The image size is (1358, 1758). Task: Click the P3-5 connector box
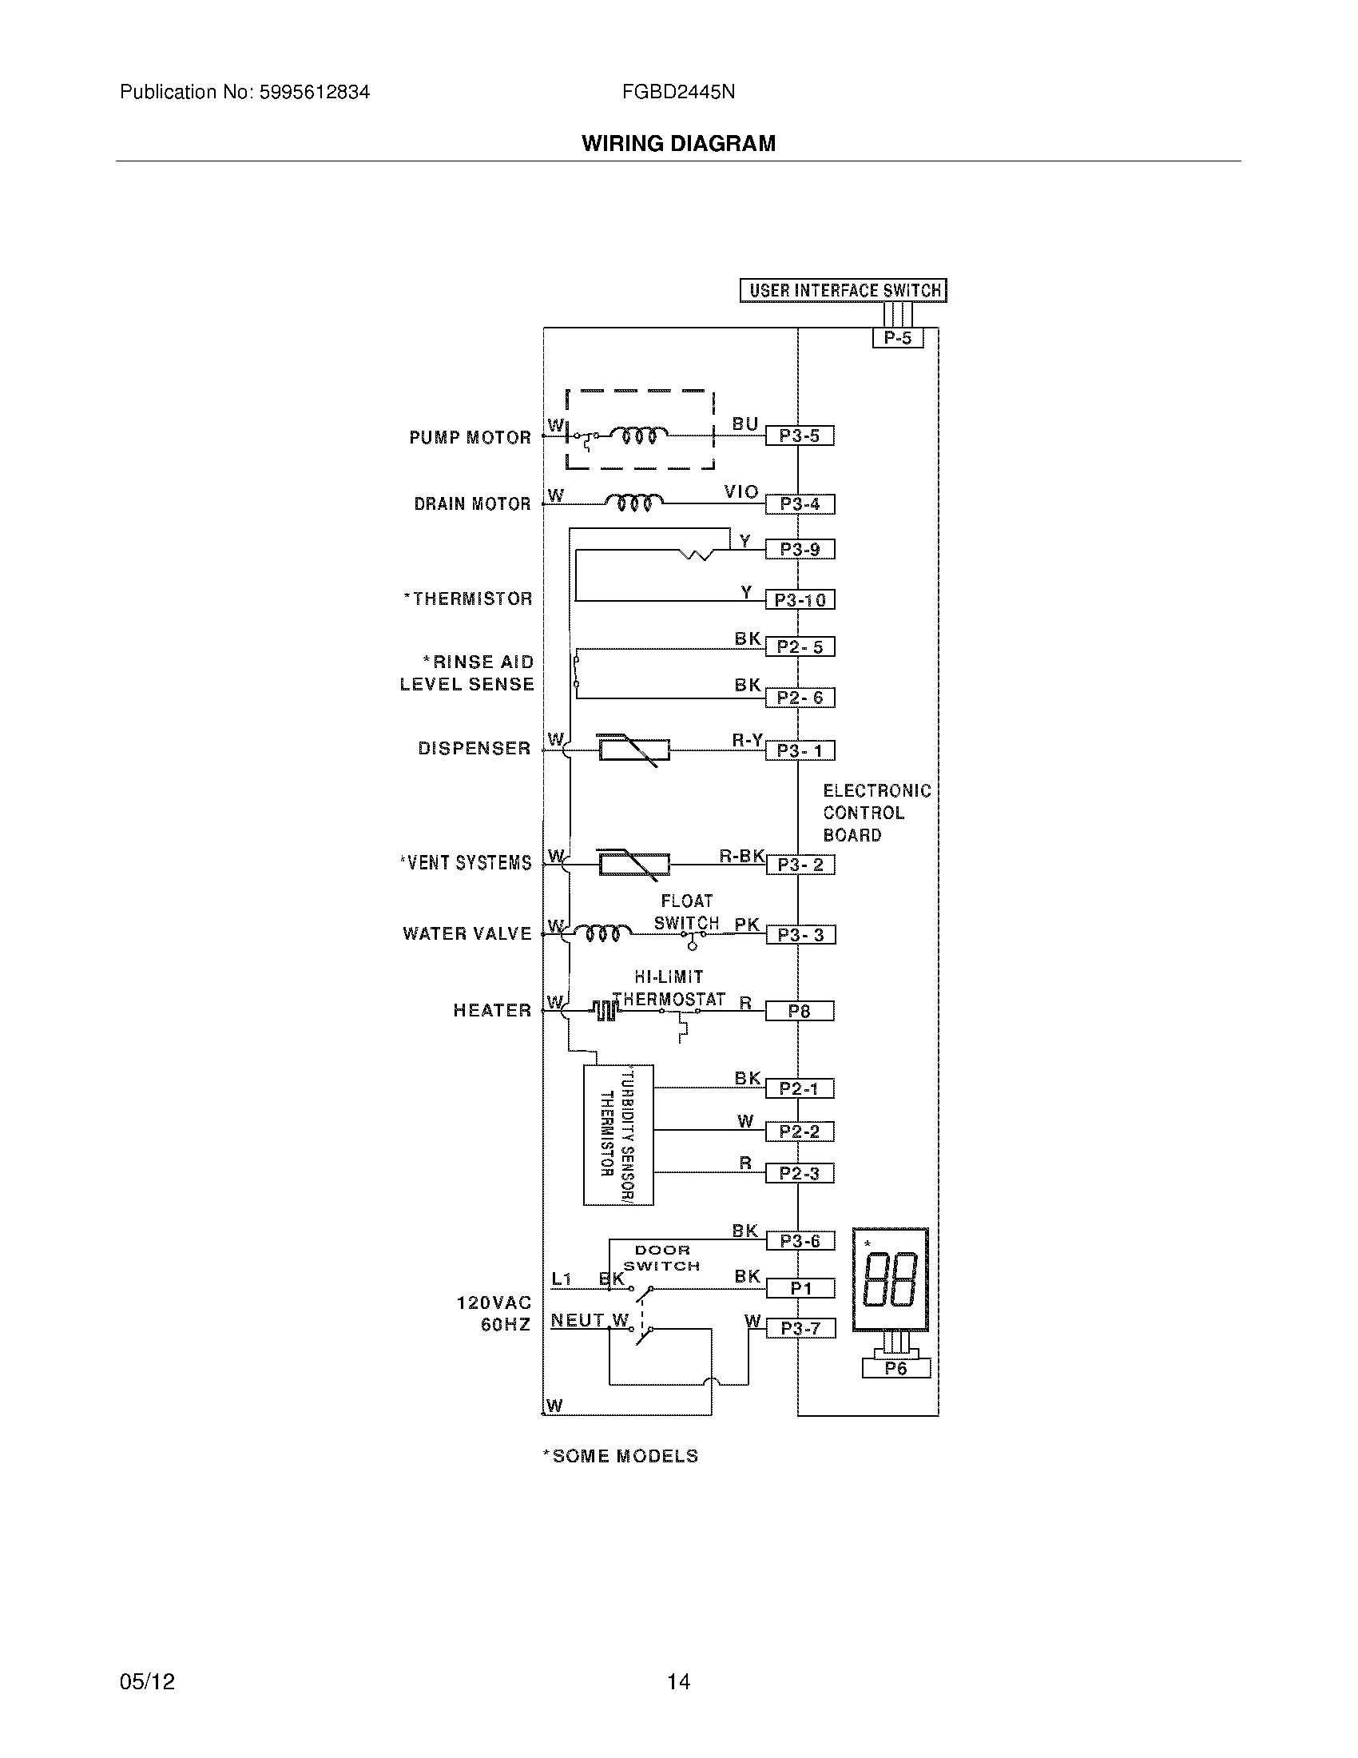799,436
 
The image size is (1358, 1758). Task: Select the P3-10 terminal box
799,599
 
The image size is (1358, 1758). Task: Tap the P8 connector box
799,1011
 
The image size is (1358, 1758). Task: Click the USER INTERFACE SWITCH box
843,291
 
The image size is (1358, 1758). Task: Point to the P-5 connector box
897,338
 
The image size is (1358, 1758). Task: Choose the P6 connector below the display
895,1368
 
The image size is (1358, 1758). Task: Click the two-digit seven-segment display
890,1280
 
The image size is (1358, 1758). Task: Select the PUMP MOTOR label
470,438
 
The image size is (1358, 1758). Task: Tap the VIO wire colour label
741,491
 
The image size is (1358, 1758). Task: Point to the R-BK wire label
741,856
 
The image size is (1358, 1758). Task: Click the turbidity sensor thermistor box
617,1135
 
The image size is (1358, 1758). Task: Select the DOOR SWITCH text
661,1258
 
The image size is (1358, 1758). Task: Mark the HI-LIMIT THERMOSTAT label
669,988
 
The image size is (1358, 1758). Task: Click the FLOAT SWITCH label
686,912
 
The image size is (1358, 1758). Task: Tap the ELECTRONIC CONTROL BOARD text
876,813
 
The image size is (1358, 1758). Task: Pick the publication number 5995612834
314,92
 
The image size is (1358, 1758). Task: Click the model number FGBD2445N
677,92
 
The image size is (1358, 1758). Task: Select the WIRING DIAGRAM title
678,143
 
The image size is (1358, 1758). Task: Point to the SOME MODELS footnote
620,1456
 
